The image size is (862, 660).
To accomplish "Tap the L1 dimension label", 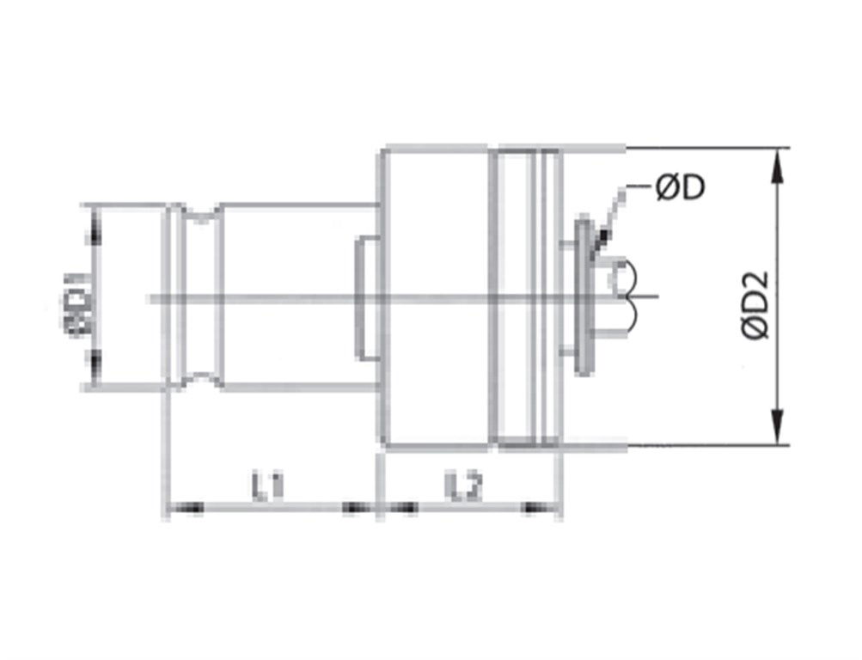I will pos(268,487).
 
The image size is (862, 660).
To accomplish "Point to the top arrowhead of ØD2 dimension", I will pos(778,165).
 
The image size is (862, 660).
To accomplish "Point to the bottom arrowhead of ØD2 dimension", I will pos(778,430).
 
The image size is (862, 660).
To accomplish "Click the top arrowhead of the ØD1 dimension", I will pos(94,222).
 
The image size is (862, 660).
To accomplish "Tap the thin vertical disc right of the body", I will pos(584,296).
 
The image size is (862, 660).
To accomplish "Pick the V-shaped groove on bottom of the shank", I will pos(201,378).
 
